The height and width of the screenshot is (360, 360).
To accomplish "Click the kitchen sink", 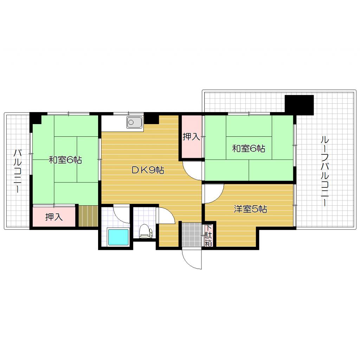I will point(134,123).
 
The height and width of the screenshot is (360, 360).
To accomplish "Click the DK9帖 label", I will point(148,170).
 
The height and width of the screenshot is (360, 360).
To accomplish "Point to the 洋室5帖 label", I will point(251,209).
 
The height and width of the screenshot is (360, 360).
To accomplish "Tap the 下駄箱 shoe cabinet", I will point(208,235).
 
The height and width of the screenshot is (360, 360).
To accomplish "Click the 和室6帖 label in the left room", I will point(65,160).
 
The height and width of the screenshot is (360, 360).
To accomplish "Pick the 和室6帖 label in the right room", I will point(248,148).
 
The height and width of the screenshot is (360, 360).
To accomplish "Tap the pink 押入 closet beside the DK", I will point(192,137).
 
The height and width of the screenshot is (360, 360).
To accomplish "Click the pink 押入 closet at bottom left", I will point(54,217).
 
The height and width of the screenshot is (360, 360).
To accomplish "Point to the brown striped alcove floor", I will point(88,217).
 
